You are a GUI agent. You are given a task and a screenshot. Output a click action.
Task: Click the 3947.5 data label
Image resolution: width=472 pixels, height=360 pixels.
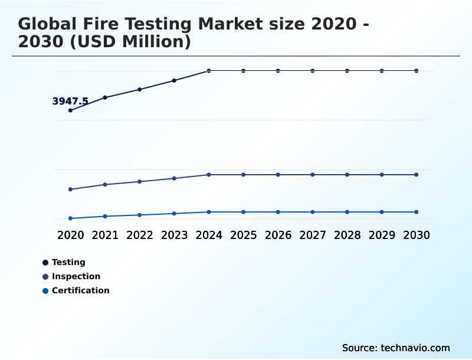(x=70, y=102)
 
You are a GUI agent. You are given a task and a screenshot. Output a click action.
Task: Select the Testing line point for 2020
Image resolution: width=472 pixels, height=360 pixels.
(x=70, y=110)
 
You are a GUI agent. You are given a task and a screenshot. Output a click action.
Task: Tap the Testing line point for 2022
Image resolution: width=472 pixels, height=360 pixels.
(x=140, y=90)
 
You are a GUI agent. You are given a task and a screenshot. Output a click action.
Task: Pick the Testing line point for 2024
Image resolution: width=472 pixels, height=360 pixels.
(x=209, y=71)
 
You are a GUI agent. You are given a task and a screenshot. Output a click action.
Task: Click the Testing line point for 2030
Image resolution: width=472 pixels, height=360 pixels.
(x=417, y=71)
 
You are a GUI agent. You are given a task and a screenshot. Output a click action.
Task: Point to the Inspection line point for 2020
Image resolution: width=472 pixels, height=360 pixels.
(x=70, y=189)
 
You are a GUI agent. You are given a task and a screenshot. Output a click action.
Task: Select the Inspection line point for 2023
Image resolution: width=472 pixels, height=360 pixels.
(x=174, y=178)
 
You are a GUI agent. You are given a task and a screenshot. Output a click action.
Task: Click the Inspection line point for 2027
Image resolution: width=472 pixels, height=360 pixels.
(x=313, y=175)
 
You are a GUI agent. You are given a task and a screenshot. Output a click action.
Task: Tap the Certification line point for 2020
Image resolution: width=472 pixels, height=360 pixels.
(x=70, y=218)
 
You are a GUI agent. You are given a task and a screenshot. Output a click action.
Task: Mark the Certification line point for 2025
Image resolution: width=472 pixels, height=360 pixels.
(x=243, y=212)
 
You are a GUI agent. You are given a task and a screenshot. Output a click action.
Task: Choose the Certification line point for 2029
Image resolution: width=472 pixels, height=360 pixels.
(x=382, y=212)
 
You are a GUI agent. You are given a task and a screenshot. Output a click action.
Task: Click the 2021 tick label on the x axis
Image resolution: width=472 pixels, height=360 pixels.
(x=105, y=235)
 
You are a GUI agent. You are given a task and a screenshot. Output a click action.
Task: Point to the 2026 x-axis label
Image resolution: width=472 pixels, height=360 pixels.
(x=278, y=235)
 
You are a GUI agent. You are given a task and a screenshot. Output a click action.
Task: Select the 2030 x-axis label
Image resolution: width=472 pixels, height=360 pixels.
(x=417, y=235)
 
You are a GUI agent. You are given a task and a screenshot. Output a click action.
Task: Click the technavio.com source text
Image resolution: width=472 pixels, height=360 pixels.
(x=415, y=348)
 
